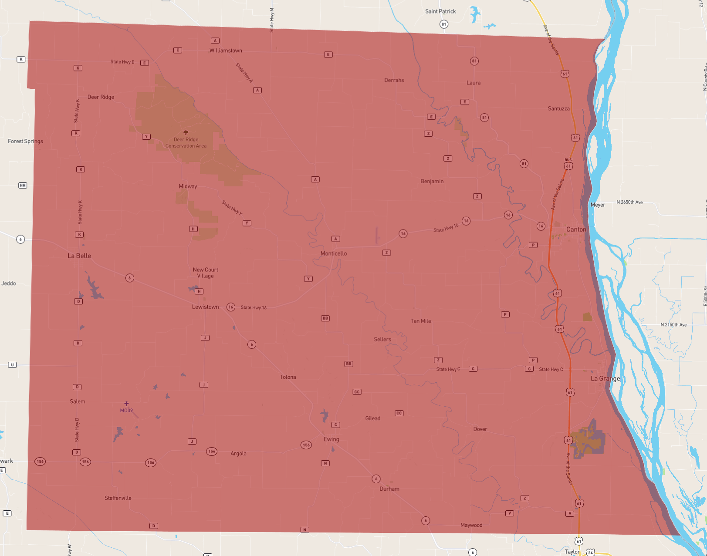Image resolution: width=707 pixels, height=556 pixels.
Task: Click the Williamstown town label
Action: pyautogui.click(x=226, y=51)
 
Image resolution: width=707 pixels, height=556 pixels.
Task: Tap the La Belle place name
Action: pyautogui.click(x=79, y=256)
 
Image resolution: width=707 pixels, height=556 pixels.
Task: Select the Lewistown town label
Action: pyautogui.click(x=206, y=307)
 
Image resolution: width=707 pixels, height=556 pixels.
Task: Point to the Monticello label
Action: pyautogui.click(x=334, y=253)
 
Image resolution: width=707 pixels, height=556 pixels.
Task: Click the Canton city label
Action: pyautogui.click(x=576, y=229)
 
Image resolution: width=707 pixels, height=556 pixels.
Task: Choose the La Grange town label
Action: pyautogui.click(x=605, y=378)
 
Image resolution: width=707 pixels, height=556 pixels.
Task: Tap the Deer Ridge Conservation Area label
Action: pyautogui.click(x=186, y=143)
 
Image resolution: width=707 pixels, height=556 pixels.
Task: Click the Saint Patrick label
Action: pyautogui.click(x=440, y=11)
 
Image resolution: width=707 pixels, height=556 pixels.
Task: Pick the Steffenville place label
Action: pyautogui.click(x=118, y=498)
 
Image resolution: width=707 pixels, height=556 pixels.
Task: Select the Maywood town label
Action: pyautogui.click(x=471, y=525)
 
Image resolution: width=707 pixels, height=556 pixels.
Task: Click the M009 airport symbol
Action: pyautogui.click(x=126, y=404)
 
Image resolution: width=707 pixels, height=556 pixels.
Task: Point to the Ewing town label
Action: pyautogui.click(x=331, y=439)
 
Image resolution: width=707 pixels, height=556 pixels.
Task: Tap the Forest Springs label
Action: pyautogui.click(x=25, y=141)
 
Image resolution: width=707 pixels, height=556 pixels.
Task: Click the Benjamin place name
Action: pyautogui.click(x=432, y=181)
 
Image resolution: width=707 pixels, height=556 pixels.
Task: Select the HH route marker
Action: pyautogui.click(x=23, y=185)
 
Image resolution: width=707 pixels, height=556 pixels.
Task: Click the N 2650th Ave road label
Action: pyautogui.click(x=629, y=202)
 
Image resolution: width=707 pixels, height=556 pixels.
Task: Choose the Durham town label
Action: pyautogui.click(x=389, y=489)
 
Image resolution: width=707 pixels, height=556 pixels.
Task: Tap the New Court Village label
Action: pyautogui.click(x=206, y=273)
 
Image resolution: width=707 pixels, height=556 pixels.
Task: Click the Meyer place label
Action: pyautogui.click(x=598, y=205)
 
